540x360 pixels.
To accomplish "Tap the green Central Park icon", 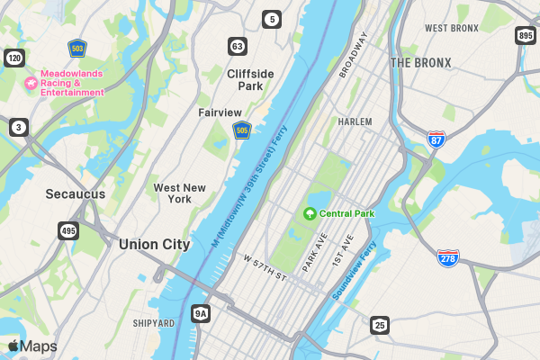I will click(310, 214).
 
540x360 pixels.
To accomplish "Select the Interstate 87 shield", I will click(436, 139).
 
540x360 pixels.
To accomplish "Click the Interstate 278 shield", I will click(448, 257).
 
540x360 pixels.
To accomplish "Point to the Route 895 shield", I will click(526, 36).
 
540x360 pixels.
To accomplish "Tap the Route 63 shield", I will click(237, 46).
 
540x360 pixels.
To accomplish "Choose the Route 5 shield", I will click(272, 18).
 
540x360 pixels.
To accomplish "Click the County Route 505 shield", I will click(241, 131).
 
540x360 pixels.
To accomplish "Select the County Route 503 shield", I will click(77, 47).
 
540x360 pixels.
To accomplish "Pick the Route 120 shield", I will click(13, 58).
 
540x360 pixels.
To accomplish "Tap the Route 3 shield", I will click(18, 127).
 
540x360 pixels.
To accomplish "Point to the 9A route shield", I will click(201, 313).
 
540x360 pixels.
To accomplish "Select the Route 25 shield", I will click(380, 325).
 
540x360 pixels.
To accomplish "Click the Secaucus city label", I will click(76, 193).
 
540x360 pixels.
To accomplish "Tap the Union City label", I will click(154, 244).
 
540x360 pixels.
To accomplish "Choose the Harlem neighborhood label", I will click(355, 121).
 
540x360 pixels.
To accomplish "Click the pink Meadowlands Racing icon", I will click(30, 82).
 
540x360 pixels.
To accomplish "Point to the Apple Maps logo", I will click(31, 346).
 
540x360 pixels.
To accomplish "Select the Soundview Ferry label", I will click(355, 269).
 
